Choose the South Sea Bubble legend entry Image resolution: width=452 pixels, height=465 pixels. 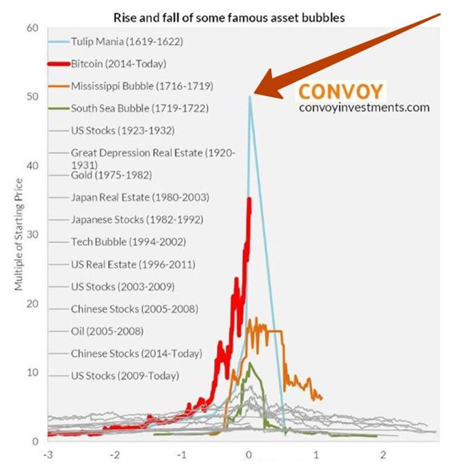[139, 108]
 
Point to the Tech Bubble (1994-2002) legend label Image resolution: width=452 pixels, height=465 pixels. [128, 241]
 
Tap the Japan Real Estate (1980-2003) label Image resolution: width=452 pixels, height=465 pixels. [139, 198]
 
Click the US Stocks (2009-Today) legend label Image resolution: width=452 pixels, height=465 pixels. [124, 375]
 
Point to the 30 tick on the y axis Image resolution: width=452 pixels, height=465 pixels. [32, 235]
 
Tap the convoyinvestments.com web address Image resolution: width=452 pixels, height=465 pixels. [364, 107]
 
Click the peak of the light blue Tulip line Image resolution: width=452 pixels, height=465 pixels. [250, 96]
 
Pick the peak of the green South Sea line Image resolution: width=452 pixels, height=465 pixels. [250, 362]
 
